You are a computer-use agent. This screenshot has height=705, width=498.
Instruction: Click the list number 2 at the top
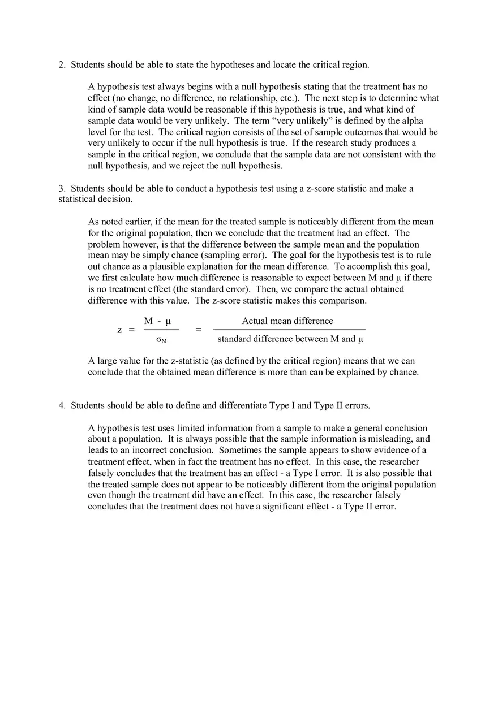tap(62, 65)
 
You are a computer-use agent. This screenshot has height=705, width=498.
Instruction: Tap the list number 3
tap(62, 188)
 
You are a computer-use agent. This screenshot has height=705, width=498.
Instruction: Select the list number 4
tap(62, 405)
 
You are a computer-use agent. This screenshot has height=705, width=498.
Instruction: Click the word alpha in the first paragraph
tap(412, 121)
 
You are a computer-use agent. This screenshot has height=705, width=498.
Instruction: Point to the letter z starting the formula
tap(119, 330)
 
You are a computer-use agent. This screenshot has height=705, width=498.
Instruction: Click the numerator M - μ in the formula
tap(157, 321)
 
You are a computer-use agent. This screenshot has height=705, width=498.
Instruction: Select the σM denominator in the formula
tap(161, 340)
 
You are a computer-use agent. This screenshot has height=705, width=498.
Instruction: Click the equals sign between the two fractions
tap(199, 330)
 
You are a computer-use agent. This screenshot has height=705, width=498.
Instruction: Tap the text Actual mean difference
tap(287, 321)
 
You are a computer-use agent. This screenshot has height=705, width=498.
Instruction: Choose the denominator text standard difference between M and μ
tap(290, 339)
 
